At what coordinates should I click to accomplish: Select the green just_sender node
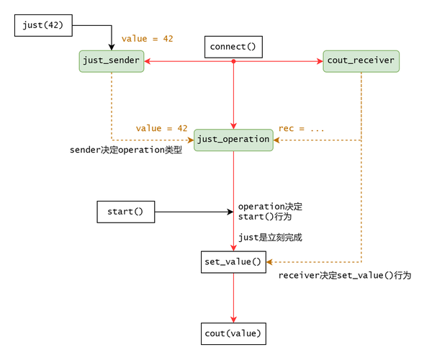tap(112, 61)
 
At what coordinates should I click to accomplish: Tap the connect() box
tap(233, 47)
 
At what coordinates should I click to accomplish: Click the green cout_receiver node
tap(361, 61)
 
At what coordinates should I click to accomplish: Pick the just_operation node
tap(233, 138)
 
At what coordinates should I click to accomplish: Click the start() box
tap(126, 212)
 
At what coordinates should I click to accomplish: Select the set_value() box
tap(233, 262)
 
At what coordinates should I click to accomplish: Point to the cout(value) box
tap(233, 333)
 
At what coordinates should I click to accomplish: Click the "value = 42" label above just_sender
tap(148, 39)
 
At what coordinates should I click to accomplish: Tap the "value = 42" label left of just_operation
tap(161, 127)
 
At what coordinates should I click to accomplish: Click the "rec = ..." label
tap(301, 127)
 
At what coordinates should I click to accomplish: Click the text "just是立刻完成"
tap(271, 238)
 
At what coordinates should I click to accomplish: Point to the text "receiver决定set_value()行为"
tap(345, 275)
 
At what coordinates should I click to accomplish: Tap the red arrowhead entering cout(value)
tap(233, 320)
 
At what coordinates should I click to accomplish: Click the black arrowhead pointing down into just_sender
tap(112, 48)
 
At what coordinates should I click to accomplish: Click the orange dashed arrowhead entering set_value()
tap(271, 262)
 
